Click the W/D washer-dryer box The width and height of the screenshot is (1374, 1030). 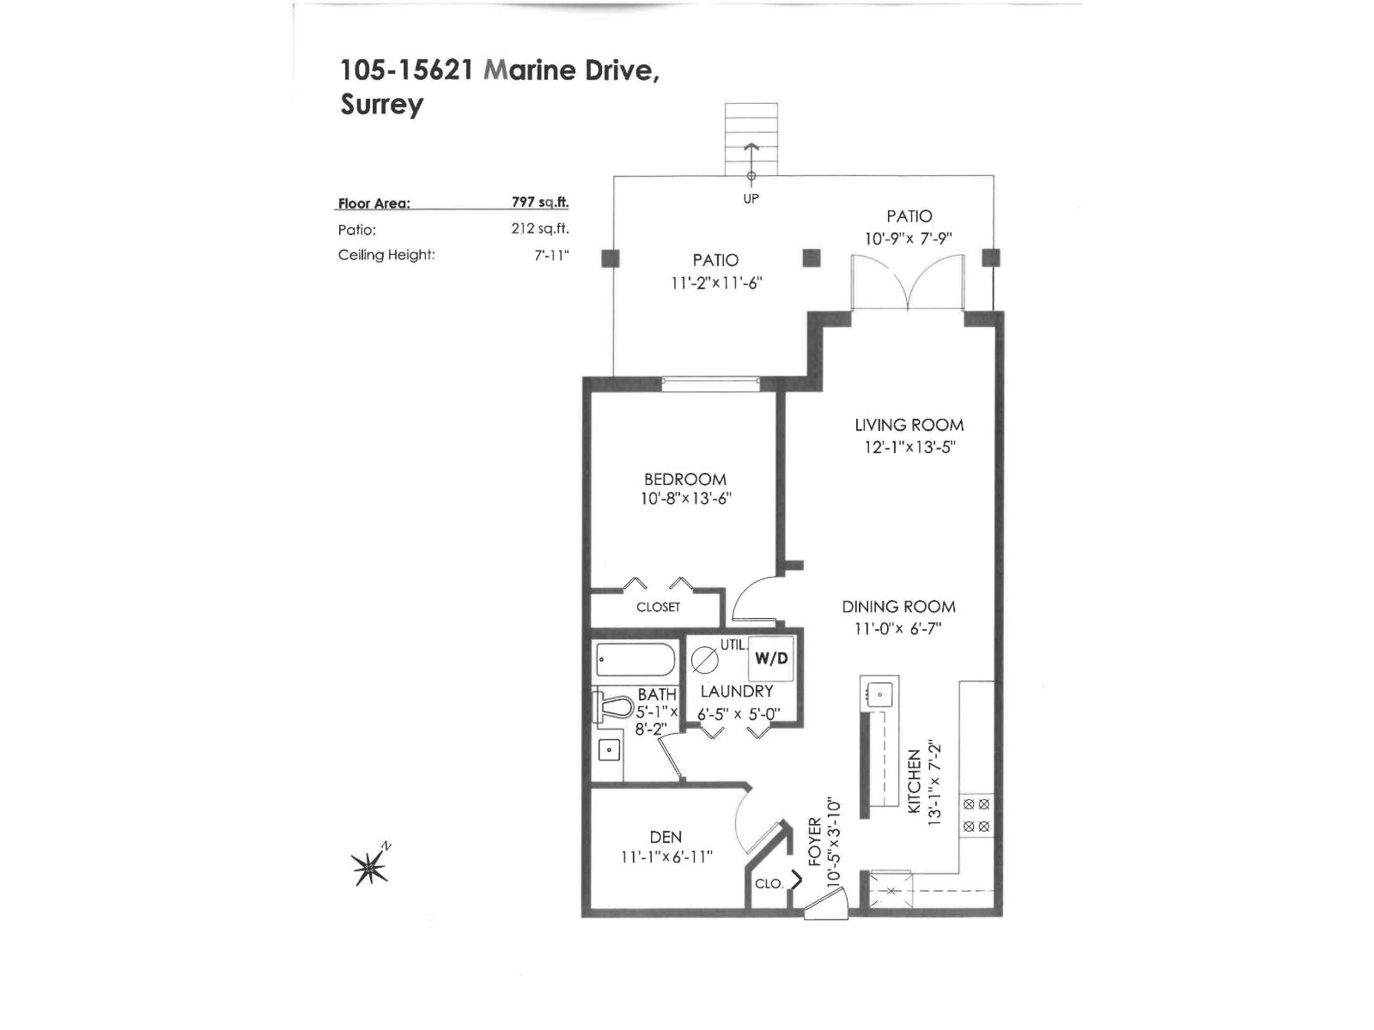coord(770,658)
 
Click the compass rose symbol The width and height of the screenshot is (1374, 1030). coord(370,869)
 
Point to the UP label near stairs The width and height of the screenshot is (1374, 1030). coord(751,198)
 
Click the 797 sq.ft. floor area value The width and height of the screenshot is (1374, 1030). coord(539,203)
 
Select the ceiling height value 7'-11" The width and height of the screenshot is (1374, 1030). coord(551,255)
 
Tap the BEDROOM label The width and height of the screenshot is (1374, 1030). coord(684,479)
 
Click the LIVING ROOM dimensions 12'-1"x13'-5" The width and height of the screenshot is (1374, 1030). coord(909,447)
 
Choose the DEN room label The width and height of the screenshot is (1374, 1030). coord(666,837)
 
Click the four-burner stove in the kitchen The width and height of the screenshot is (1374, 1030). coord(976,815)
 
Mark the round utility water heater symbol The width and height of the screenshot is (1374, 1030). coord(704,659)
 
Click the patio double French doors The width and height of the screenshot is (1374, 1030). coord(907,283)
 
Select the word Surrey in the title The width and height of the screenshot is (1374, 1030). coord(381,105)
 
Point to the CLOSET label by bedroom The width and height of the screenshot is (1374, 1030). coord(658,607)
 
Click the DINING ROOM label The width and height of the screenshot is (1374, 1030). coord(898,607)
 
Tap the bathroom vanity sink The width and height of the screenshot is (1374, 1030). coord(609,750)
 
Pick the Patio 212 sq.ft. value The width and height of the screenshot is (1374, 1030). coord(539,229)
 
